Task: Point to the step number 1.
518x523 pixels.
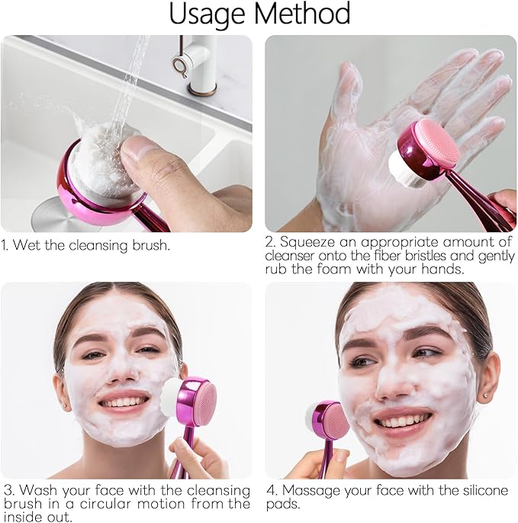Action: pos(5,246)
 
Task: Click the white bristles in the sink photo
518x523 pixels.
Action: pos(108,163)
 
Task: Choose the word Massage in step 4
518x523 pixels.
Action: pos(308,490)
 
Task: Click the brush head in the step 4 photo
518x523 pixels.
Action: pos(330,420)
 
